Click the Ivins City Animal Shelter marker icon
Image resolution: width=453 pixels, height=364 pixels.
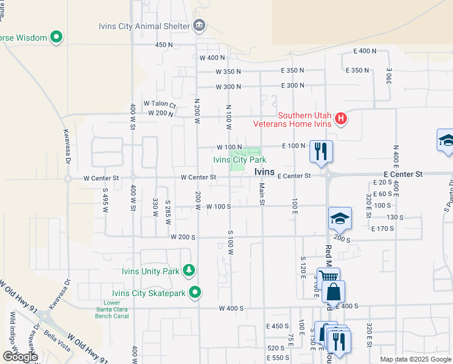(199, 25)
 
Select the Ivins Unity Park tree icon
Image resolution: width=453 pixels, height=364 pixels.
(190, 271)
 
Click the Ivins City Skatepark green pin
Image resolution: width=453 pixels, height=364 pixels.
(194, 293)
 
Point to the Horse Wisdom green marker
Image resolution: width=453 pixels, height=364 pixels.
(56, 38)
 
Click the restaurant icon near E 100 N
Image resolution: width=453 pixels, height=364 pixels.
(320, 150)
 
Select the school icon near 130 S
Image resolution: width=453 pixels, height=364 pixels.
(340, 218)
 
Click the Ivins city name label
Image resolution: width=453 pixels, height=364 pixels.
(265, 172)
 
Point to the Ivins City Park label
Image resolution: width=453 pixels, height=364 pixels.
(240, 160)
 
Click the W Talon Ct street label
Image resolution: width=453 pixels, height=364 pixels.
(159, 104)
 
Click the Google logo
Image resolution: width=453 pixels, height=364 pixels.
(19, 357)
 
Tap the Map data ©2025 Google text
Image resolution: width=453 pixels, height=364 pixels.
(415, 359)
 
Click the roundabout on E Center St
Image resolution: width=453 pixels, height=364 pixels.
(329, 175)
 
